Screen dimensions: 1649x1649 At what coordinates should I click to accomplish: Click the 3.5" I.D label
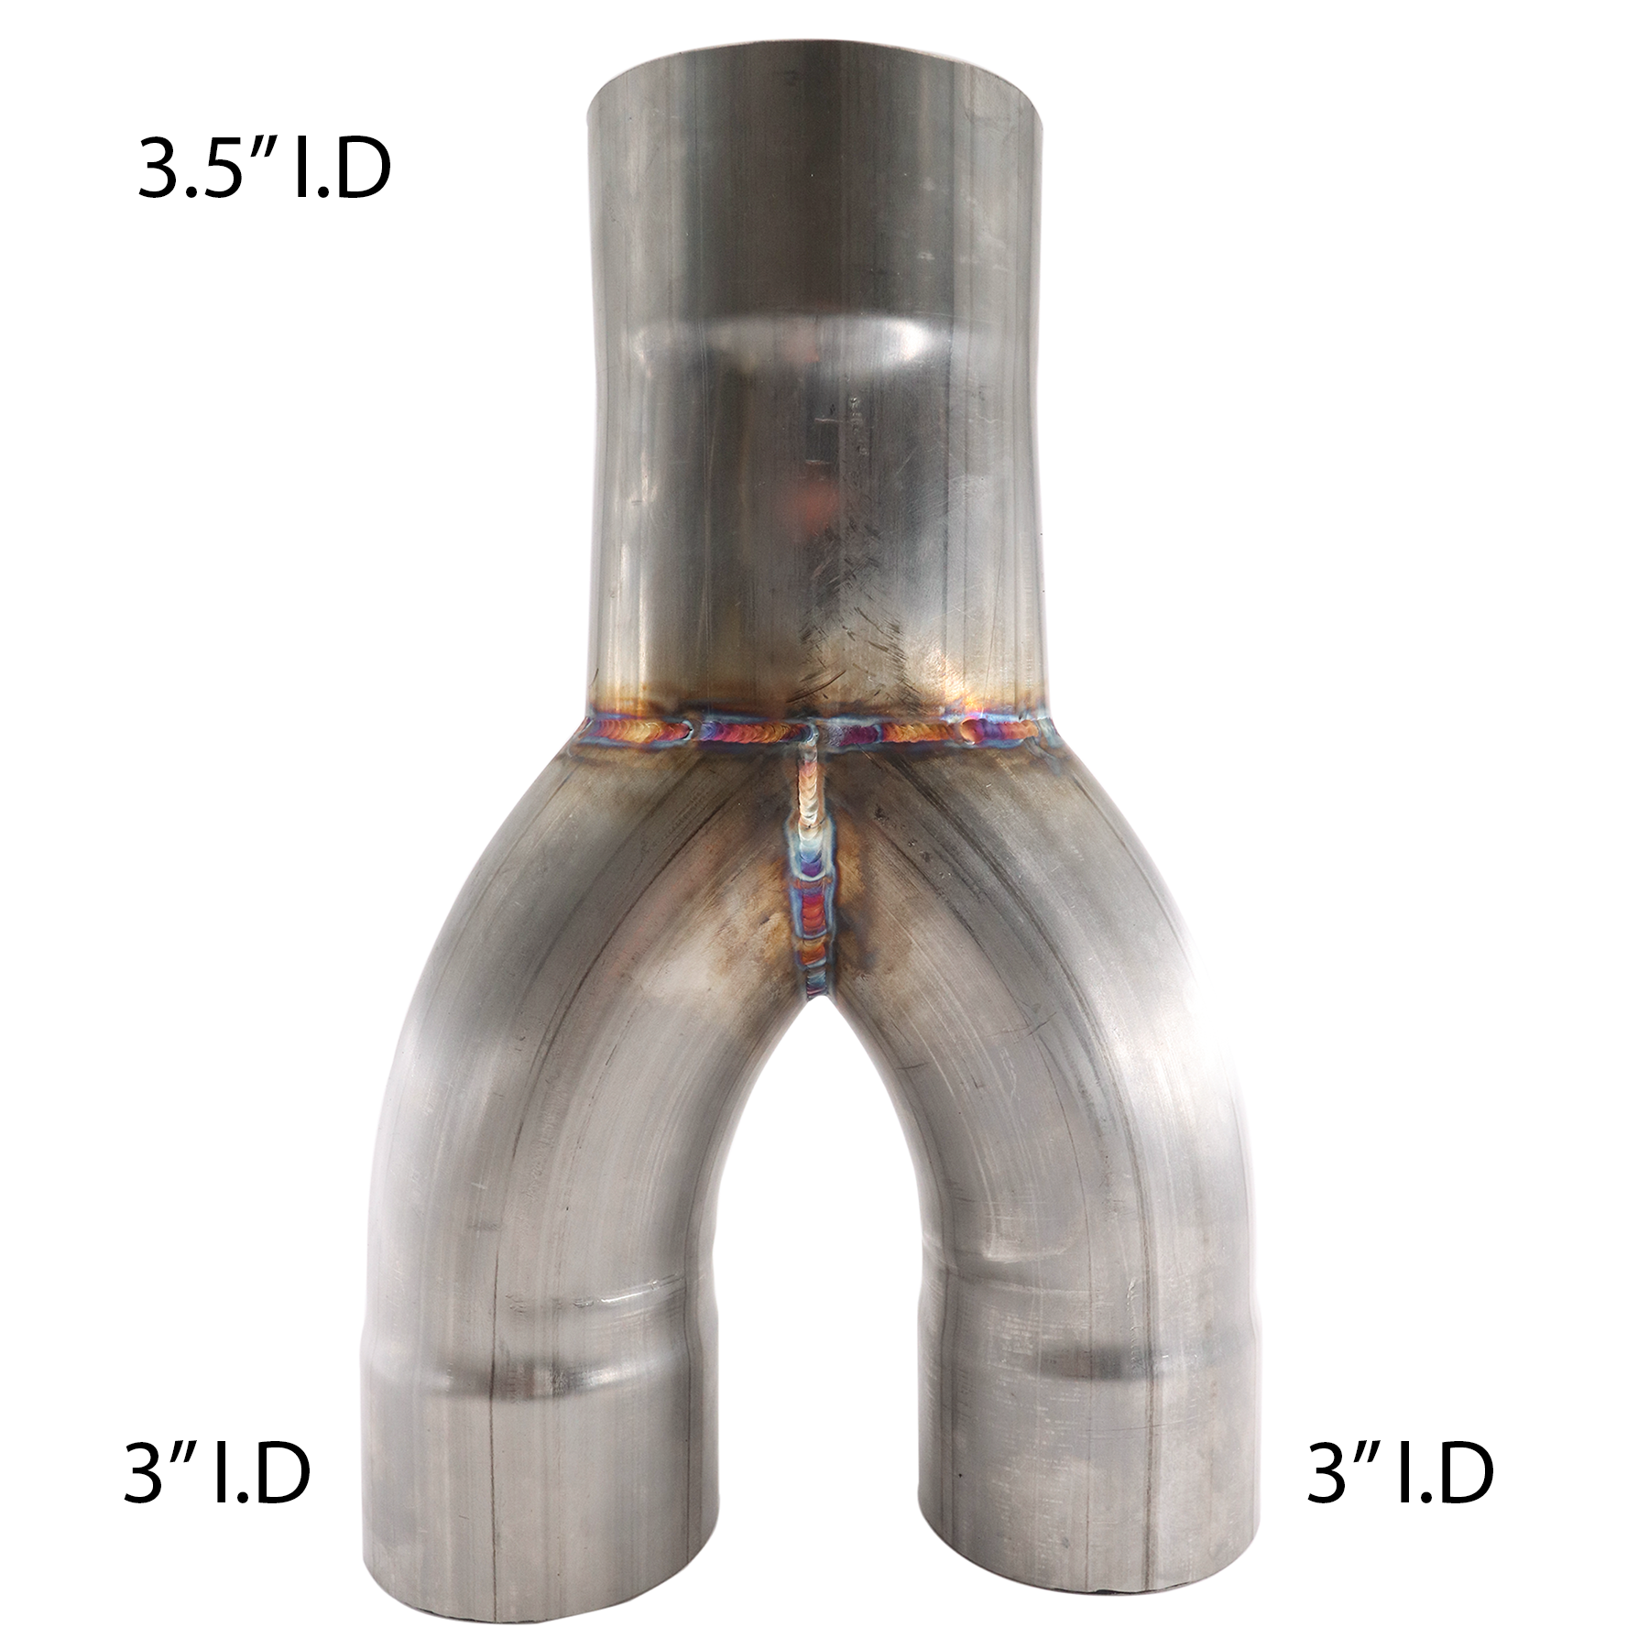(264, 169)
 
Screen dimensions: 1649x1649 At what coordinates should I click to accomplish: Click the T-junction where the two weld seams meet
(812, 732)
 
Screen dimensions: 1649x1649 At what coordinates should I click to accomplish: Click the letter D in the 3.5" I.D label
(362, 170)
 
